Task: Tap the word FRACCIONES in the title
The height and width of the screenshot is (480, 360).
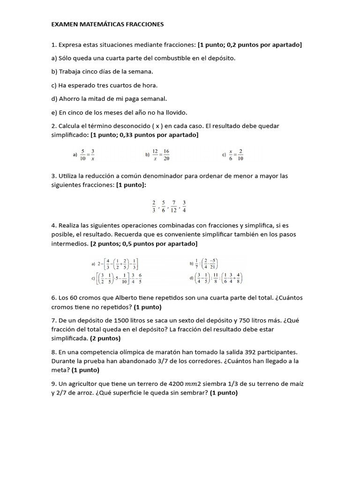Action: point(143,23)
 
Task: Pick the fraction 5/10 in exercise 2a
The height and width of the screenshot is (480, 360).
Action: point(82,154)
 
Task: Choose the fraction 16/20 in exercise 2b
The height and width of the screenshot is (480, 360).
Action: point(166,154)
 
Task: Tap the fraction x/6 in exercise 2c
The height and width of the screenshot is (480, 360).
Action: point(231,154)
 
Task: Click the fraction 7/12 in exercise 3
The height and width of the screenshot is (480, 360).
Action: point(174,206)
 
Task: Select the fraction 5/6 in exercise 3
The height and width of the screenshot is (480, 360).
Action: point(164,206)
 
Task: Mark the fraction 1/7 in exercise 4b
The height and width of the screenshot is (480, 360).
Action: point(197,264)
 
